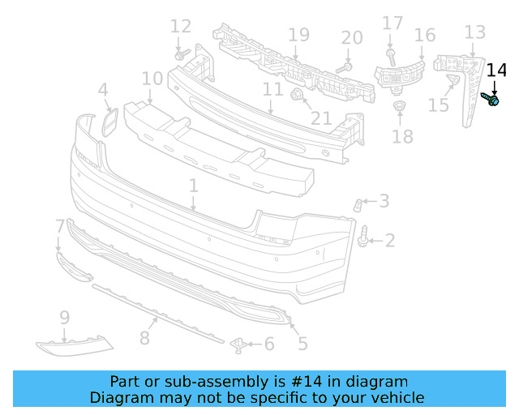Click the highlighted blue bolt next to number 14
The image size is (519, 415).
[x=491, y=99]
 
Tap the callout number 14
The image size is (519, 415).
[x=495, y=71]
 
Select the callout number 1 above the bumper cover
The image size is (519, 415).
[x=193, y=186]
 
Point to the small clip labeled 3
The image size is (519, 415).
[x=357, y=203]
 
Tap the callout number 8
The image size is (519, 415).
[x=144, y=337]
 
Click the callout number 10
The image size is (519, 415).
[x=152, y=79]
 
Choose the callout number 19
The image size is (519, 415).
[x=298, y=35]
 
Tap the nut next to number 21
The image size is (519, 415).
[x=297, y=97]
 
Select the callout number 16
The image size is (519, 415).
[x=425, y=35]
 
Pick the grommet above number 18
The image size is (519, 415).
[x=398, y=106]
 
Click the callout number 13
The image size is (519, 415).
[x=474, y=32]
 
